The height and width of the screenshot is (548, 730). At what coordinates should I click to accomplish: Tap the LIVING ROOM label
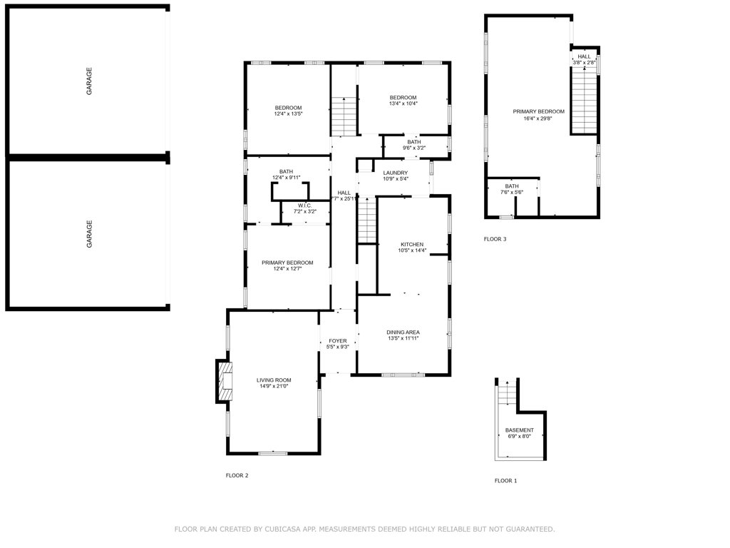point(274,380)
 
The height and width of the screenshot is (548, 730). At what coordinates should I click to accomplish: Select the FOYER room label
point(336,340)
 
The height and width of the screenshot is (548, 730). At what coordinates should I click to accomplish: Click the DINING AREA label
point(403,333)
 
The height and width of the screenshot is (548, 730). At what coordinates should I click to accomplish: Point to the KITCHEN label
point(411,244)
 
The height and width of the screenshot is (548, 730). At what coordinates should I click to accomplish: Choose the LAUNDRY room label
point(395,173)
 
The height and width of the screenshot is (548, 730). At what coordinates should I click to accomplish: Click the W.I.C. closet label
point(304,205)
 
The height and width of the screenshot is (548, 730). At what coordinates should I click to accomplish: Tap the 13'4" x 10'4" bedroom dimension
point(403,104)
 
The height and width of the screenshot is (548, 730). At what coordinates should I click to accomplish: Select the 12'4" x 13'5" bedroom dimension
point(288,114)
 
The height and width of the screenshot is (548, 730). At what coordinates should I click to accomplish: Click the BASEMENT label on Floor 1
point(519,430)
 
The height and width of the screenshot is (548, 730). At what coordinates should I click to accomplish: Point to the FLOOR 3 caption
point(495,239)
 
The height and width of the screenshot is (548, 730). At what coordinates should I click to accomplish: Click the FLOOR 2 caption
point(237,475)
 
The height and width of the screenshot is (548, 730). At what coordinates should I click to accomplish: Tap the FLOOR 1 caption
point(505,481)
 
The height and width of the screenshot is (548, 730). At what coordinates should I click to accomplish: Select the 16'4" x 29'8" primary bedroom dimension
point(538,118)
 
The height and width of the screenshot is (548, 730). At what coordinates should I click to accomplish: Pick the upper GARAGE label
point(89,81)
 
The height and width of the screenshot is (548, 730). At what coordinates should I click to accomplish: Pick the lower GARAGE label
point(89,234)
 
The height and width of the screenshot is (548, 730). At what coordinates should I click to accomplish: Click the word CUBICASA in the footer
point(279,529)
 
